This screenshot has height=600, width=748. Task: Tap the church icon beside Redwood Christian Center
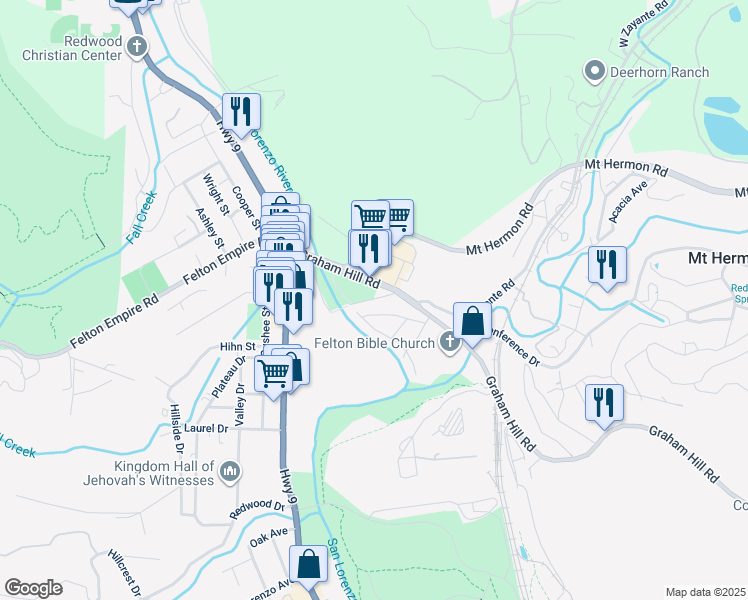(137, 46)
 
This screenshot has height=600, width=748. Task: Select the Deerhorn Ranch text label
(661, 72)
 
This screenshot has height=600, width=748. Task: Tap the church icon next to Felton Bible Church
(450, 343)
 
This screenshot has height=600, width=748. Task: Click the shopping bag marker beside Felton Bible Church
(472, 322)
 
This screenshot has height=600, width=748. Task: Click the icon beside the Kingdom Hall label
(230, 470)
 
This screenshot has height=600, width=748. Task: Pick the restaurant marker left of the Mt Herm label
(607, 265)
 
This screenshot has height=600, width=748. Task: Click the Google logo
(33, 588)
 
